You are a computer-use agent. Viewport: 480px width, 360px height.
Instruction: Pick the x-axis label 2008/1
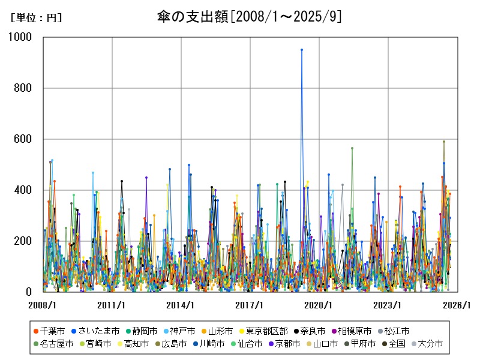(x=43, y=305)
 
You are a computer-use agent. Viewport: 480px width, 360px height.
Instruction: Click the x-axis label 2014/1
(x=181, y=305)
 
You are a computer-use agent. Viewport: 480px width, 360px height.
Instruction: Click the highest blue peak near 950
(x=302, y=50)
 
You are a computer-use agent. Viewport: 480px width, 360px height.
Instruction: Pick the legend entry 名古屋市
(x=56, y=344)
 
